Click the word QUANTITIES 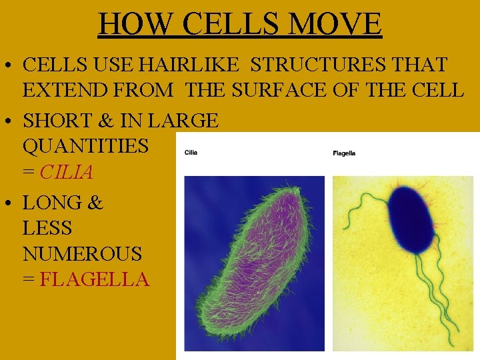tap(85, 146)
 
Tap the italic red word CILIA tap(66, 172)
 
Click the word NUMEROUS tap(82, 253)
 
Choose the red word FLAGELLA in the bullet tap(94, 279)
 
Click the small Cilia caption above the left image tap(191, 152)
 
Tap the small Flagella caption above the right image tap(344, 153)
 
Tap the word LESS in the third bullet tap(47, 228)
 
